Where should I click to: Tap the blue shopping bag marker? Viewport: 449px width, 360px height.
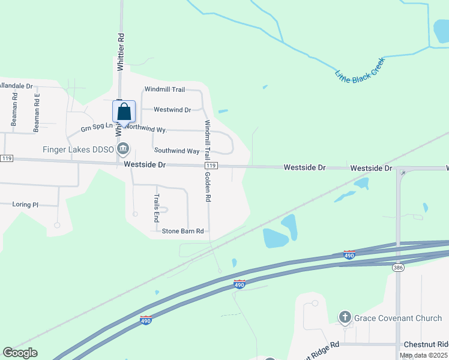(124, 112)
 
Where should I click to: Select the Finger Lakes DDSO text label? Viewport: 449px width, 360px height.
(78, 149)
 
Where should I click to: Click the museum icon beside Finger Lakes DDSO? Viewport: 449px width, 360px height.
(123, 149)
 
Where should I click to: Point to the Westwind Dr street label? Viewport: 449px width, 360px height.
(172, 110)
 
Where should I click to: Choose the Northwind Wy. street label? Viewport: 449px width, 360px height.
(146, 129)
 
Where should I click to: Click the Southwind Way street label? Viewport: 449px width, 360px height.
(176, 151)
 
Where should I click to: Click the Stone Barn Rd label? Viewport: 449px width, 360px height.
(182, 231)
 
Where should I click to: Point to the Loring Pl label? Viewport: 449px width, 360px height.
(25, 205)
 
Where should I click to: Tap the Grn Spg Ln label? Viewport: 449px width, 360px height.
(97, 129)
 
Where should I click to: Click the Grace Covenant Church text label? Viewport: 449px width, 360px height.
(398, 318)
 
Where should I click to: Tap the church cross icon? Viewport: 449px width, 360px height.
(345, 317)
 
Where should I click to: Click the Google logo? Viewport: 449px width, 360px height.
(20, 353)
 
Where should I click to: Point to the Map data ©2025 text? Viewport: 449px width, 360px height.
(423, 355)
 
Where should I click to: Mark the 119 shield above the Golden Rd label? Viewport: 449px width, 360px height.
(210, 166)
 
